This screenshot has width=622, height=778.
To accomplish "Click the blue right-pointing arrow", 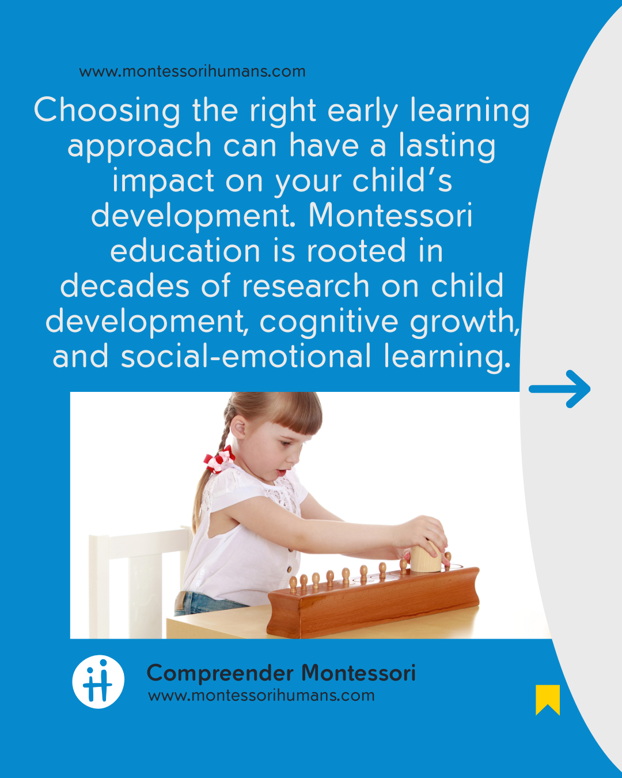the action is click(x=559, y=389).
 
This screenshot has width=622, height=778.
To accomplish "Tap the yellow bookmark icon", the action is click(x=548, y=700).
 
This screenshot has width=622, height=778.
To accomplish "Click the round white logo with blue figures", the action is click(x=98, y=682).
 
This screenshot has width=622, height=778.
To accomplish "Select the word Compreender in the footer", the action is click(x=220, y=673).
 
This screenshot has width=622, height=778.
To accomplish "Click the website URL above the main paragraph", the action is click(x=192, y=71).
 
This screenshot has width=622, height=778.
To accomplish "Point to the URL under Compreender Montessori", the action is click(x=261, y=696).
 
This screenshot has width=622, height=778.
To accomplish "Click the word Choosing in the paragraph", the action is click(x=107, y=111).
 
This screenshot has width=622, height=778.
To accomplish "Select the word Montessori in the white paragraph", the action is click(x=390, y=216).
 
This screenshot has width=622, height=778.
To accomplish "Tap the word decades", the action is click(x=125, y=286).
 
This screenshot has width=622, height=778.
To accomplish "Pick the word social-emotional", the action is click(x=246, y=356).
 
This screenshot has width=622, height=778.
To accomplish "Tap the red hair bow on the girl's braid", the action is click(x=219, y=459).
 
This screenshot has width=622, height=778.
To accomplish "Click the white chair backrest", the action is click(x=140, y=538).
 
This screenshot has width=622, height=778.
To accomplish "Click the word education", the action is click(x=185, y=251).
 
